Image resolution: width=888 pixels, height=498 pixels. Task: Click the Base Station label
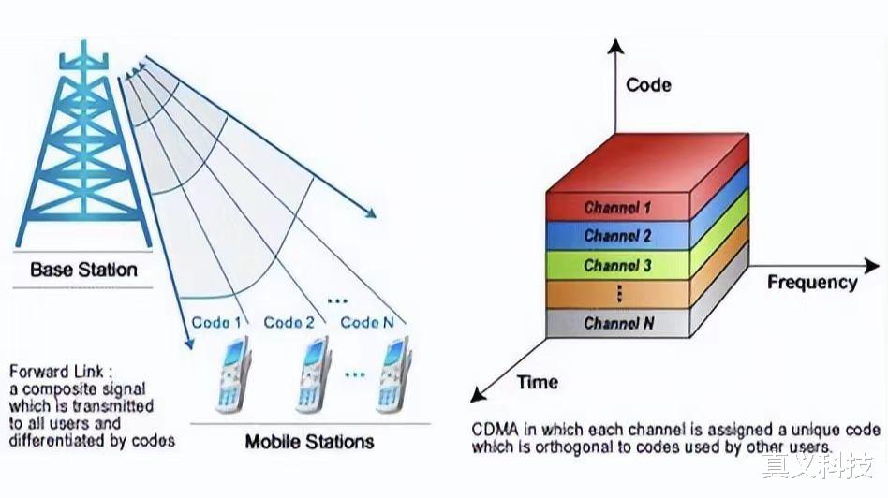(x=83, y=270)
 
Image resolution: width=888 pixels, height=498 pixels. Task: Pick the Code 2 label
(x=289, y=322)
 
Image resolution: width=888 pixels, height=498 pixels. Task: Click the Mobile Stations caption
(x=309, y=441)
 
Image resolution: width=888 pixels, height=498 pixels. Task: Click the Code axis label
(x=648, y=85)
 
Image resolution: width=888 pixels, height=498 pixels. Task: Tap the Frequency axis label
(x=811, y=282)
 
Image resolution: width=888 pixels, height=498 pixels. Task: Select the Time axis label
(x=537, y=382)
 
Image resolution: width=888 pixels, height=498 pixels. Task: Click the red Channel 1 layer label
(x=617, y=207)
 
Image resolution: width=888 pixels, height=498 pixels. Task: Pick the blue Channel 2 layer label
(x=617, y=236)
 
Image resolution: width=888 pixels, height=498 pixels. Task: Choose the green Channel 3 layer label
(x=617, y=265)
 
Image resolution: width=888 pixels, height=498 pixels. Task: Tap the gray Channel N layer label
(x=617, y=323)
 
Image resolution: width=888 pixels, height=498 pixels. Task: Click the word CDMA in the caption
(x=494, y=430)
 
